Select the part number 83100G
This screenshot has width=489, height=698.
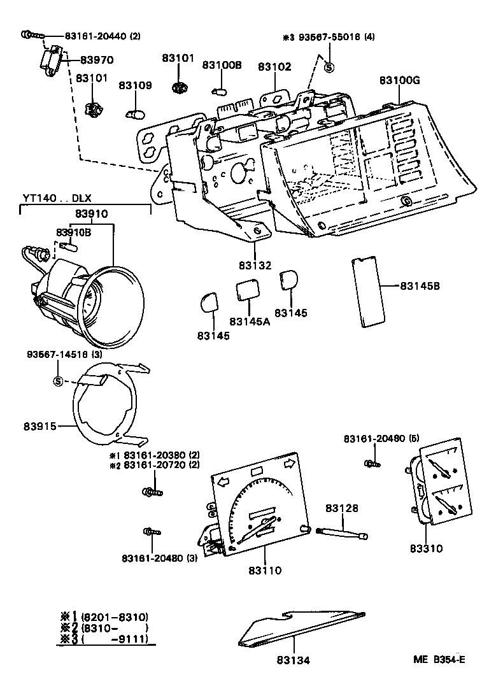coord(399,80)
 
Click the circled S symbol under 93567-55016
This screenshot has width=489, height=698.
coord(329,67)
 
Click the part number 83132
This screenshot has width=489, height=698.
coord(255,266)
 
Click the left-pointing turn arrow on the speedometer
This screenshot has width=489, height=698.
coord(224,482)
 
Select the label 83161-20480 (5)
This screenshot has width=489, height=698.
coord(373,439)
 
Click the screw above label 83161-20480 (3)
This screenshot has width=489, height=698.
coord(152,531)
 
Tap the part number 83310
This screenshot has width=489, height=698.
coord(426,548)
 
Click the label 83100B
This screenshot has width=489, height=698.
coord(222,65)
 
